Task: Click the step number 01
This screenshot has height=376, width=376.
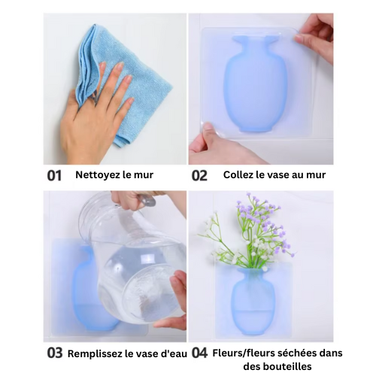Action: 54,175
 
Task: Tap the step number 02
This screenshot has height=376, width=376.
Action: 199,175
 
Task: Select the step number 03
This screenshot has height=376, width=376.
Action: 55,353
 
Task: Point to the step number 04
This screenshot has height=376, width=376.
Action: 199,353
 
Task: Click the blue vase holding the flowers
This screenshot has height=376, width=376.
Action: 253,301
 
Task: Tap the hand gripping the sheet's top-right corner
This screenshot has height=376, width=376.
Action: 314,38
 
